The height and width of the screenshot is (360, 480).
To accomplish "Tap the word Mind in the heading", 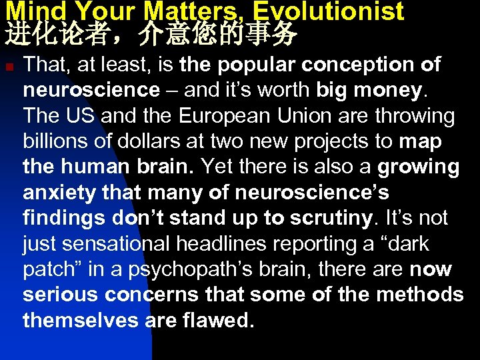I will [31, 11].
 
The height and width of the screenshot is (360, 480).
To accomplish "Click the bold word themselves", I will [81, 321].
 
